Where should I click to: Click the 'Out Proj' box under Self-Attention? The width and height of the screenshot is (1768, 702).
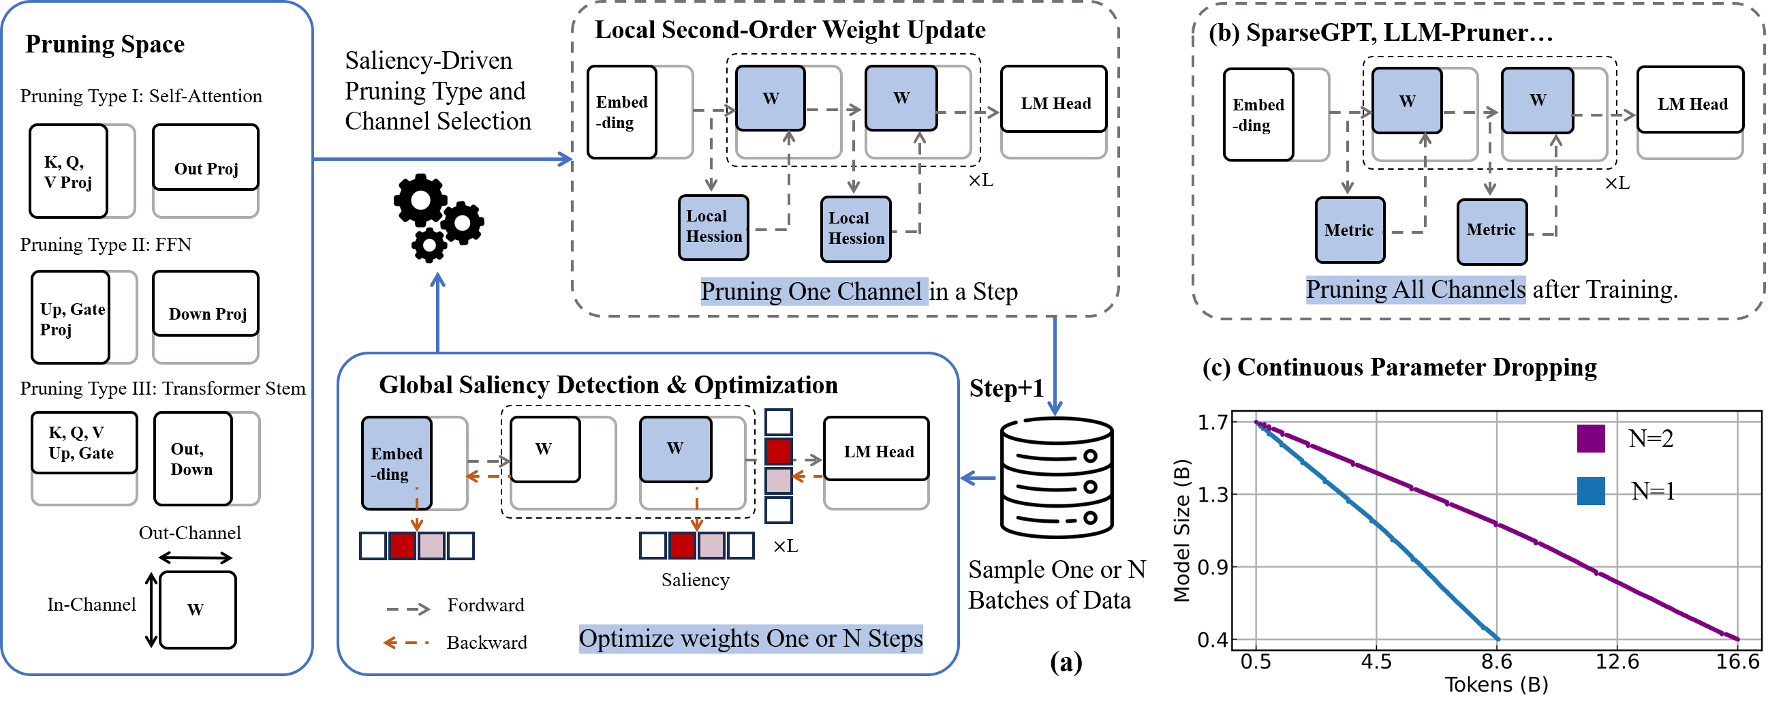(x=205, y=158)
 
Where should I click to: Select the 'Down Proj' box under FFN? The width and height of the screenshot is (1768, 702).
(x=205, y=304)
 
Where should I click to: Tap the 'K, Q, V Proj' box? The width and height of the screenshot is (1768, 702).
(x=68, y=171)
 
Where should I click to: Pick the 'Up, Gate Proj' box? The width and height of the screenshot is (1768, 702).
(x=71, y=318)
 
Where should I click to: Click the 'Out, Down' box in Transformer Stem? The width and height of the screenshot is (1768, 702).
(x=193, y=459)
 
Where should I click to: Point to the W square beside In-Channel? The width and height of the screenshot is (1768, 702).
(x=198, y=610)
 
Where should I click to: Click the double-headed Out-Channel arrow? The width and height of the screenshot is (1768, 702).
(x=196, y=557)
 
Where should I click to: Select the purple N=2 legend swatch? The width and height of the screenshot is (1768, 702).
(x=1590, y=438)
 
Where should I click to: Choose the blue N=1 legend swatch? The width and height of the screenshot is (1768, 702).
(x=1590, y=491)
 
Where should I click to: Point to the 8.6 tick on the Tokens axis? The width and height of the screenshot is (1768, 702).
(x=1496, y=662)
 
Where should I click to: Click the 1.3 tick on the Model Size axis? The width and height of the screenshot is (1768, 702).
(x=1213, y=495)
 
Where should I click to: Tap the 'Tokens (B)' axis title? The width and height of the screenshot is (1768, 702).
(x=1496, y=685)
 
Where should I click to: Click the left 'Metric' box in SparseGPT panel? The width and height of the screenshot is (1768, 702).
(x=1350, y=230)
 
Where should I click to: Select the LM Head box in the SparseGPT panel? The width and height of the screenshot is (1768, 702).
(x=1690, y=100)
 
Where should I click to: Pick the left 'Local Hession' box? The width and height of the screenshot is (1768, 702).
(x=713, y=228)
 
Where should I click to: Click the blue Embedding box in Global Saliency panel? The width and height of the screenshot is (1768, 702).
(x=397, y=463)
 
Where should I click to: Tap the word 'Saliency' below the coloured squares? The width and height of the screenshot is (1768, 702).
(x=695, y=581)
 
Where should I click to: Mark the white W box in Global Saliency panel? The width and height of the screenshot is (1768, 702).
(x=545, y=449)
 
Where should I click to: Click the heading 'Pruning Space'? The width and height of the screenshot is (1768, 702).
(x=105, y=44)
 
